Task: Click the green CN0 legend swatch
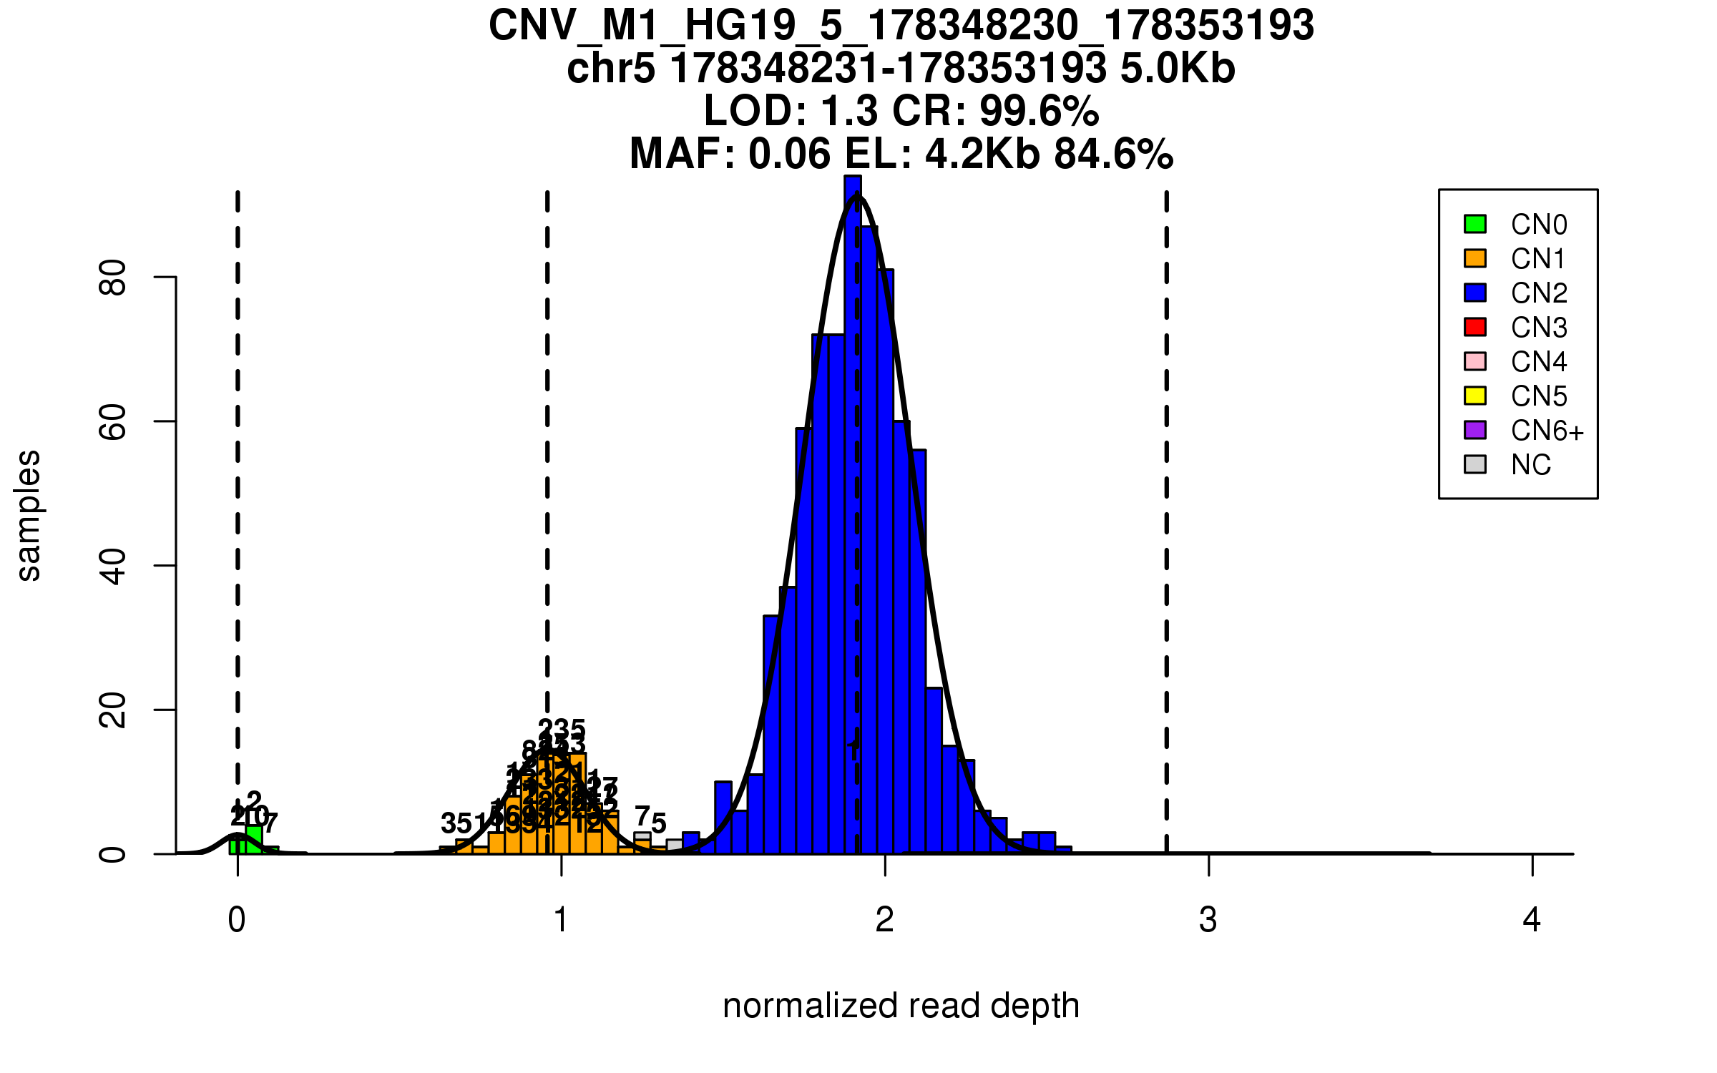pyautogui.click(x=1475, y=224)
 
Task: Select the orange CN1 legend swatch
pyautogui.click(x=1475, y=258)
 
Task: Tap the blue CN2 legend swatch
pyautogui.click(x=1475, y=293)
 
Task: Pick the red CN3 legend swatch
pyautogui.click(x=1475, y=327)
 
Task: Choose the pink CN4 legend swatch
pyautogui.click(x=1475, y=361)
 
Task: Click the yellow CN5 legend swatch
pyautogui.click(x=1475, y=396)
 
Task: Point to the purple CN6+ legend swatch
pyautogui.click(x=1475, y=430)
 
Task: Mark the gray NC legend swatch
pyautogui.click(x=1475, y=464)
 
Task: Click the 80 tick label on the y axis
pyautogui.click(x=113, y=277)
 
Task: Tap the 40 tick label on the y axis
pyautogui.click(x=113, y=566)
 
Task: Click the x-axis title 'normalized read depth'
pyautogui.click(x=901, y=1006)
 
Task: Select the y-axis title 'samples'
pyautogui.click(x=29, y=515)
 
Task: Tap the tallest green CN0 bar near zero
pyautogui.click(x=254, y=840)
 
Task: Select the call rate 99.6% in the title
pyautogui.click(x=1039, y=112)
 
